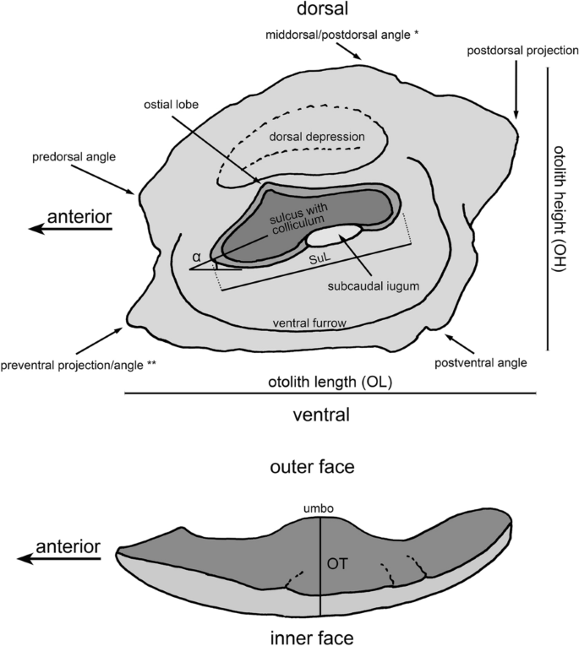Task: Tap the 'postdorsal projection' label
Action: pos(522,52)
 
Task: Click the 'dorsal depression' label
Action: pos(316,136)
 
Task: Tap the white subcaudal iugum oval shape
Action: pos(338,233)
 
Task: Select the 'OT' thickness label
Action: pos(337,560)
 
